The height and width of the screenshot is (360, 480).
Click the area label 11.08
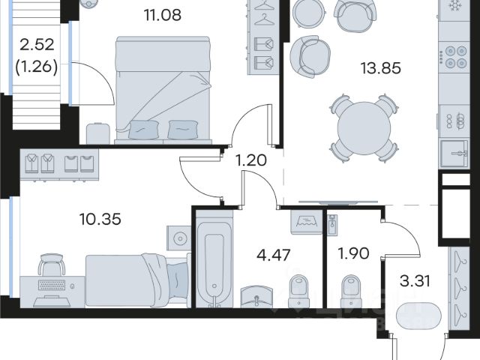[163, 15]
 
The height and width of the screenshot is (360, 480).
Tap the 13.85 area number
[380, 68]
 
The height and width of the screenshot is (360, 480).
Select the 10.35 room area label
[100, 219]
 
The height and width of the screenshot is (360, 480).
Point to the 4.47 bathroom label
[273, 255]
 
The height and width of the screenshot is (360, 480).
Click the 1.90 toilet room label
[353, 253]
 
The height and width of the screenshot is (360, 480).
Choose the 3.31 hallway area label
[415, 280]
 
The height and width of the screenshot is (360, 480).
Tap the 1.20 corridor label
[251, 160]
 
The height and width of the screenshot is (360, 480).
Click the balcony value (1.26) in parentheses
[37, 67]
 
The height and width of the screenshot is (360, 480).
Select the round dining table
[364, 128]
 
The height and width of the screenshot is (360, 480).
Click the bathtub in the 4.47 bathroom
[214, 259]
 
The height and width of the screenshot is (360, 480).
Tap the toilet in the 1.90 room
[351, 291]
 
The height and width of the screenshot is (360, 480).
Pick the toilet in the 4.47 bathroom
[299, 291]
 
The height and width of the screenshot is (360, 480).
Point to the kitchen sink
[454, 154]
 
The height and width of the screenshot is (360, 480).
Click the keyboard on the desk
[52, 285]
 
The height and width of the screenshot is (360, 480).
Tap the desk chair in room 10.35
[52, 264]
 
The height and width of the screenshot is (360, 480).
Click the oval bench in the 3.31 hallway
[418, 316]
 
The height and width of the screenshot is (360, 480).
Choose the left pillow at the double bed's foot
[144, 130]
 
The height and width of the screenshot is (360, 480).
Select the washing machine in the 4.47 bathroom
[307, 223]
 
